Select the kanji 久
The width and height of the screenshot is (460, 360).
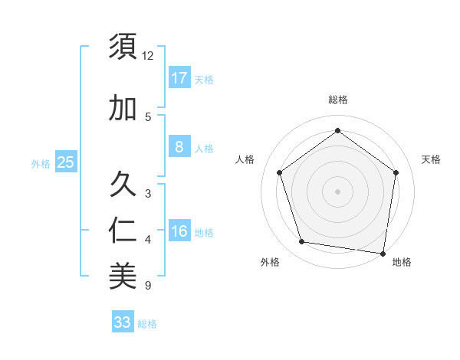[x=123, y=184]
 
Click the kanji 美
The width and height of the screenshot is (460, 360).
[x=123, y=277]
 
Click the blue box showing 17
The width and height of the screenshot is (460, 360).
[x=179, y=77]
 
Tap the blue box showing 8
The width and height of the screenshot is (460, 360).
[x=179, y=147]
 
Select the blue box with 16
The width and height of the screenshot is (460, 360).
[x=179, y=231]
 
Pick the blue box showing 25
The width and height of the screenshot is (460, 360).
[x=65, y=162]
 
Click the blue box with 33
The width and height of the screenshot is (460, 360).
[x=123, y=322]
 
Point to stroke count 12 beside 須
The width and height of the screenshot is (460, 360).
[x=148, y=56]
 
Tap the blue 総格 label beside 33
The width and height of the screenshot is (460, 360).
[x=147, y=324]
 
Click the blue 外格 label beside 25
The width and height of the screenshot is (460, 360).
[x=41, y=163]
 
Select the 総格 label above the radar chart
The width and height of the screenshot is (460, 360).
[x=337, y=100]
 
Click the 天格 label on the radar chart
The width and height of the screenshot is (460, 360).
[x=431, y=159]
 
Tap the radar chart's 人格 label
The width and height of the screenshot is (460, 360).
[x=245, y=159]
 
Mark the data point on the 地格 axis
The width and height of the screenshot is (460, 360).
[x=383, y=253]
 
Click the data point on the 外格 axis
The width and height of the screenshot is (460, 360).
[x=301, y=242]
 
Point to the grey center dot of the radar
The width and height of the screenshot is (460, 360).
[x=337, y=191]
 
